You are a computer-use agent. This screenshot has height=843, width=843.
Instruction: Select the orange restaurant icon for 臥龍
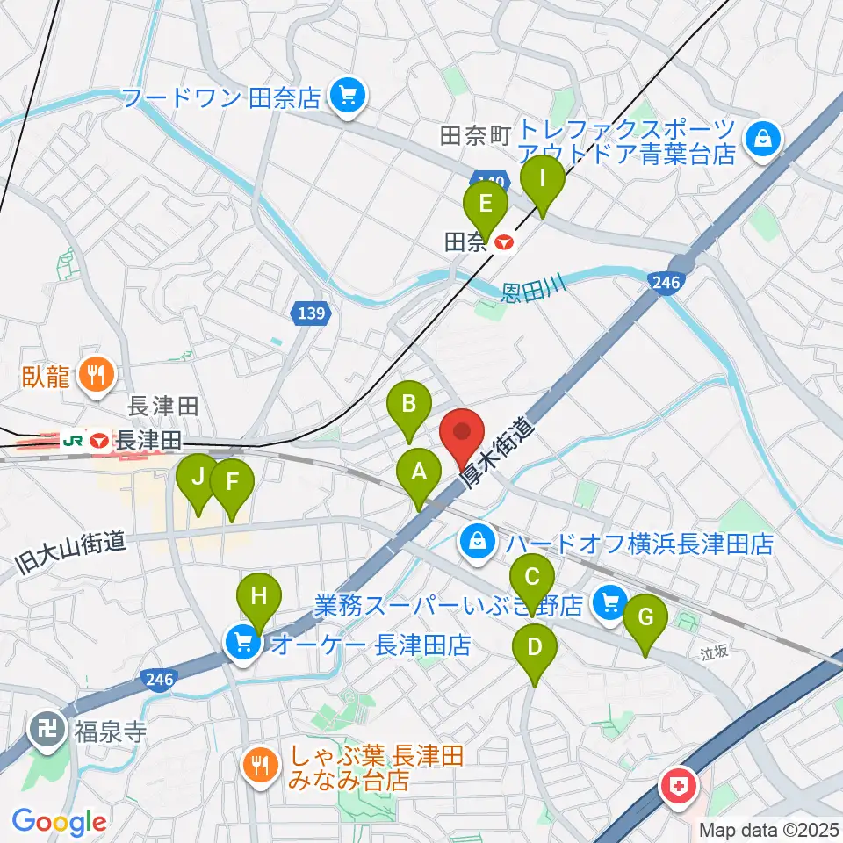(94, 376)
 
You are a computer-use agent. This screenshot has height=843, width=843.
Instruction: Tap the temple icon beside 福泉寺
(44, 727)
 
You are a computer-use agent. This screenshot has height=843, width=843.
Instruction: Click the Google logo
(59, 822)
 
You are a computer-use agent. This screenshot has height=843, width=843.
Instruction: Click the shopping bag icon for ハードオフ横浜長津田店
(476, 540)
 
